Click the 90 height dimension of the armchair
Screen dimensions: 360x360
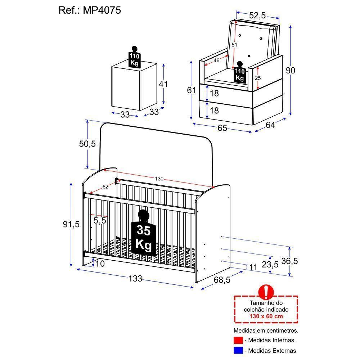click(x=290, y=71)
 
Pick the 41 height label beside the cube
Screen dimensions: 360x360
click(x=164, y=84)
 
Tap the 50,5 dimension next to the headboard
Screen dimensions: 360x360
click(x=87, y=144)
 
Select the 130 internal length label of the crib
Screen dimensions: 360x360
click(x=159, y=179)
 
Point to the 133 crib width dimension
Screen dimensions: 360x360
click(x=135, y=278)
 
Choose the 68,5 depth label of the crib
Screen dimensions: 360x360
click(x=222, y=279)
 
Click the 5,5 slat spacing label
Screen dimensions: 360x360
click(x=100, y=220)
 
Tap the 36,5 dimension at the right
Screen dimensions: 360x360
click(x=290, y=261)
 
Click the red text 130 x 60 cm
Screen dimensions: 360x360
click(x=266, y=316)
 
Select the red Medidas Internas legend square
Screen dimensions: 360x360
click(x=237, y=340)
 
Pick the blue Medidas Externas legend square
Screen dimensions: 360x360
click(x=237, y=350)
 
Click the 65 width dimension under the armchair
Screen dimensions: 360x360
click(x=222, y=128)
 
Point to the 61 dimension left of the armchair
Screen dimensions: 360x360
click(x=191, y=90)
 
